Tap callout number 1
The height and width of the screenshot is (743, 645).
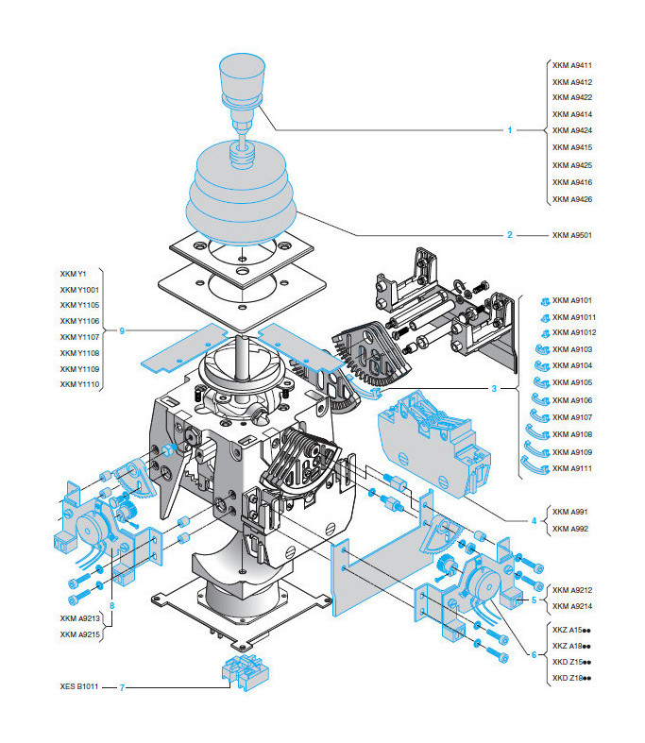pos(510,130)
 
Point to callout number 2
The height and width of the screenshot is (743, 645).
pos(510,234)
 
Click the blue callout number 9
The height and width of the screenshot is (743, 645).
pos(122,329)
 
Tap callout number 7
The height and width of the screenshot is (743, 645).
pos(121,686)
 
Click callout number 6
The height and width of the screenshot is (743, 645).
pos(534,654)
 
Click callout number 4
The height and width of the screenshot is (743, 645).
pos(534,519)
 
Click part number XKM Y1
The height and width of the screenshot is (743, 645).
pos(73,274)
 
